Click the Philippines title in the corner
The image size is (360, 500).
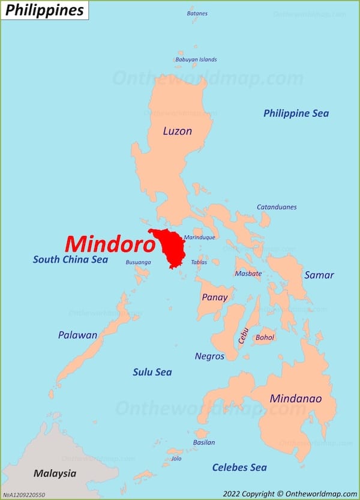pos(44,10)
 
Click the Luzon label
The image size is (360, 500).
pos(177,131)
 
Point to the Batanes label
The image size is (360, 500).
pos(197,13)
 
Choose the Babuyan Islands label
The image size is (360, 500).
pos(196,59)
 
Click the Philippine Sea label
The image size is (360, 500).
pos(296,113)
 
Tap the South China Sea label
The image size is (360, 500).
pos(70,260)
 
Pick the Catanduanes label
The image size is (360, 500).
pos(277,207)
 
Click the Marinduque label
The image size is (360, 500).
pos(199,237)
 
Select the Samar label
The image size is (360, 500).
pos(319,275)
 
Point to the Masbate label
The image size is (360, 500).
pos(248,274)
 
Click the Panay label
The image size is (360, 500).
pos(214,297)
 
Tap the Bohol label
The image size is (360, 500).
pos(265,337)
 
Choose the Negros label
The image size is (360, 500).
pos(209,356)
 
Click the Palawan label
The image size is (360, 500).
pos(77,335)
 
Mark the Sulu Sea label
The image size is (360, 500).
pos(152,372)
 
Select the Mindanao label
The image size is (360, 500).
pos(295,399)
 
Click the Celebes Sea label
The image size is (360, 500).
pos(239,467)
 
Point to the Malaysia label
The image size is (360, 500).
pos(55,474)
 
